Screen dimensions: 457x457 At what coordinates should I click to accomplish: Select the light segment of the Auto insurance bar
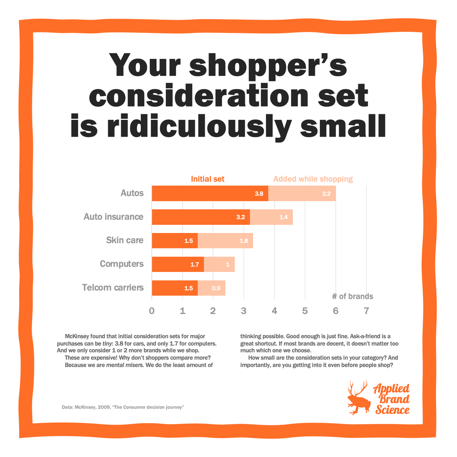pos(271,217)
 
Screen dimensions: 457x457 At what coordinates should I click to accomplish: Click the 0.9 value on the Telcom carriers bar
pos(216,288)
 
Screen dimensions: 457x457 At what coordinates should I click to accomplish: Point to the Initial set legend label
pos(207,179)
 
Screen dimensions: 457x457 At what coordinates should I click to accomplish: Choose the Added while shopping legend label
pos(313,179)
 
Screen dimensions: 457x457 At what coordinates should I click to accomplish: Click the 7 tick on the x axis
pos(366,311)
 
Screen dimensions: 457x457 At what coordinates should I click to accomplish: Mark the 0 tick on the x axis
pos(152,311)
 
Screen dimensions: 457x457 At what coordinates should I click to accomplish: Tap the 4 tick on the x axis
pos(274,311)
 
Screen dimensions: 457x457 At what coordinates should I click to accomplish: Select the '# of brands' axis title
pos(352,296)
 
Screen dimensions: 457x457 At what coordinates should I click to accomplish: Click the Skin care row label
pos(125,240)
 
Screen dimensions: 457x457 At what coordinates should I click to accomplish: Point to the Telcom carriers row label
pos(113,288)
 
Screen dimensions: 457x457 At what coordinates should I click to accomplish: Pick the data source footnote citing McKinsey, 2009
pos(122,407)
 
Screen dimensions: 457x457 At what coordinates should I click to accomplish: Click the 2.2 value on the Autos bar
pos(326,194)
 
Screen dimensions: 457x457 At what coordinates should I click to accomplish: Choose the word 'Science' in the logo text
pos(393,409)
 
